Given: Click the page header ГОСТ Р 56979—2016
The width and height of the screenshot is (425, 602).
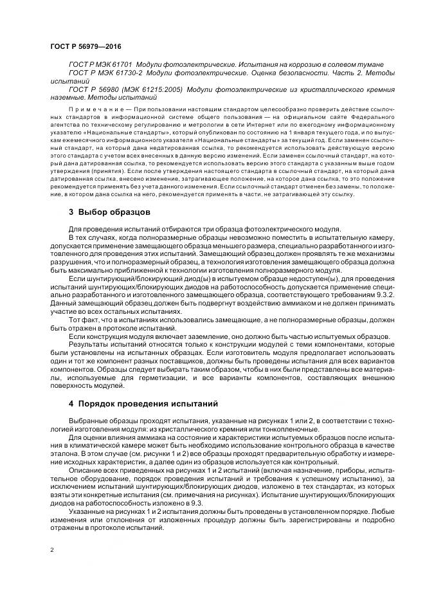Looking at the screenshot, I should click(85, 47).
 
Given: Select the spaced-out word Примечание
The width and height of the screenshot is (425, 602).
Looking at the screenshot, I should click(96, 110).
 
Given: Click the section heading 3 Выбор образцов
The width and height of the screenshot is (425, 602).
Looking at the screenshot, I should click(109, 212).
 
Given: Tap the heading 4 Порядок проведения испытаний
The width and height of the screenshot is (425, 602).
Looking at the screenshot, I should click(136, 404).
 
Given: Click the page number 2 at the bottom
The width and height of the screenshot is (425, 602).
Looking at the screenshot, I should click(51, 551).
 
